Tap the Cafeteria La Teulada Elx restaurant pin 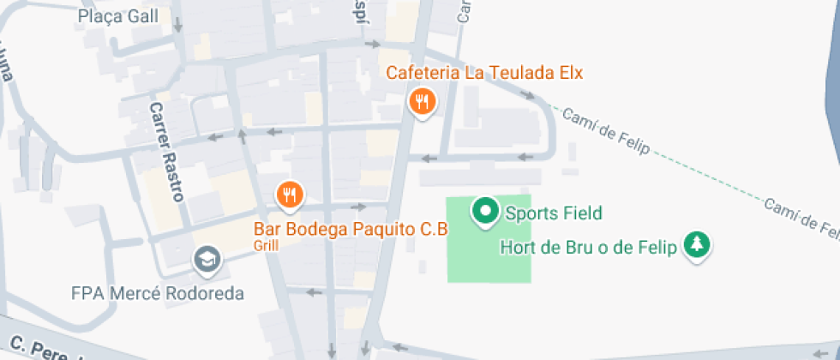click(421, 103)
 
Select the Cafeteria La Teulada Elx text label click(484, 73)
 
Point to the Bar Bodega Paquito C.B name click(351, 229)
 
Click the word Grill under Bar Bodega click(266, 244)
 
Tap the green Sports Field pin click(486, 211)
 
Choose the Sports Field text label click(553, 213)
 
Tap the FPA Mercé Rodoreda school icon click(206, 258)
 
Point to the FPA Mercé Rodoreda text click(158, 293)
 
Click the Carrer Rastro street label click(166, 152)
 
